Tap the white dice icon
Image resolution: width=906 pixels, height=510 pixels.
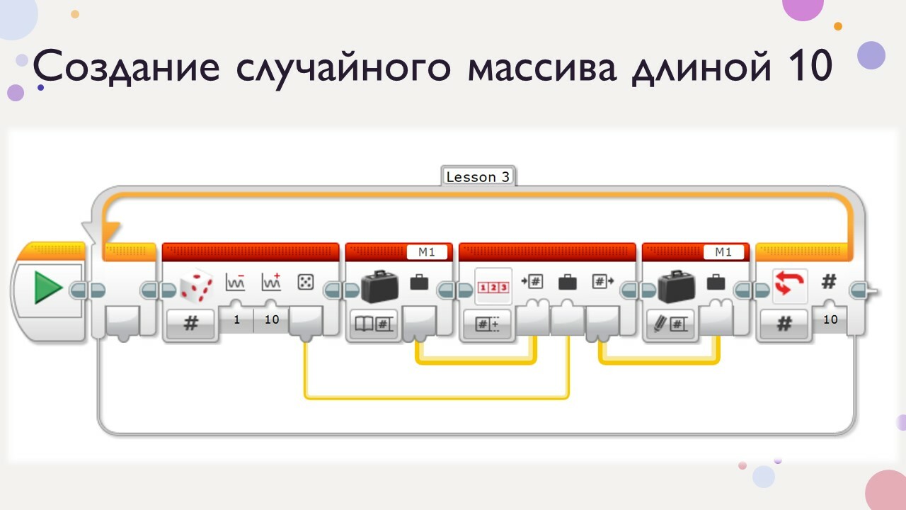(x=196, y=285)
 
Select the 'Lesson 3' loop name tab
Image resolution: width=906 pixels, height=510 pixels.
(x=478, y=177)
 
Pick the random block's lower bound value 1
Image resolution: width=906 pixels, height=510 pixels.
(x=236, y=320)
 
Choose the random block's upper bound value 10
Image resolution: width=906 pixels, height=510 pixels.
(x=272, y=320)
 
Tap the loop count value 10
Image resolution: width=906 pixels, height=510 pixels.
(x=830, y=320)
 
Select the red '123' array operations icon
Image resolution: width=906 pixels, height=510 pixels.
(x=493, y=286)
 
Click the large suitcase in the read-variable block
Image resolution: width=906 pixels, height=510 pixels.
(x=379, y=286)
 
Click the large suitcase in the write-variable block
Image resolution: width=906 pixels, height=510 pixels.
(x=677, y=286)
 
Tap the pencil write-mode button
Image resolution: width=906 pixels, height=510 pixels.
(x=669, y=324)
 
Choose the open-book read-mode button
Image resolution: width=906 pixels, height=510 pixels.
(x=372, y=324)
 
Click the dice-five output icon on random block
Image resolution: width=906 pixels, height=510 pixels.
(x=306, y=283)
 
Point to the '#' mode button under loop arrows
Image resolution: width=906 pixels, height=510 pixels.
(x=784, y=324)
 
